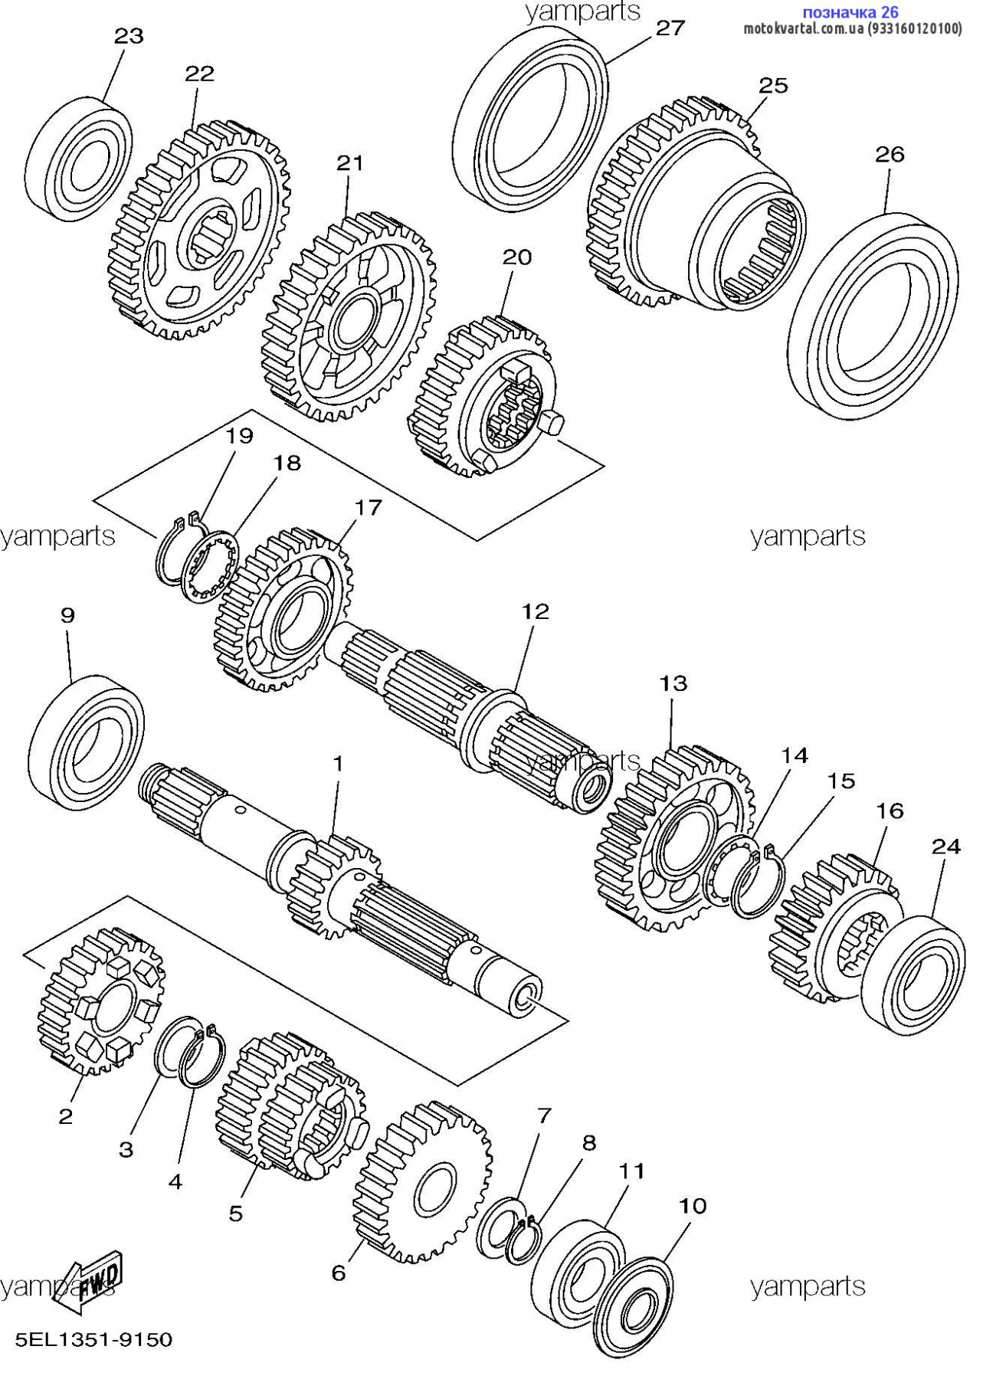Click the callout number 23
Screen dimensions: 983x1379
[x=129, y=36]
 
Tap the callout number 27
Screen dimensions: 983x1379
[x=670, y=28]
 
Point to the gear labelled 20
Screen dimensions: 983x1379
[x=479, y=395]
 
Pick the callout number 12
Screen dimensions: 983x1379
[x=536, y=611]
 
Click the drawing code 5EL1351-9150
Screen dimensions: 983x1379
[x=94, y=1340]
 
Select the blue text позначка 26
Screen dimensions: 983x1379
[x=850, y=12]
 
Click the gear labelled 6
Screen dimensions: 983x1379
[x=421, y=1184]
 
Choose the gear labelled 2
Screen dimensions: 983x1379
[x=100, y=1000]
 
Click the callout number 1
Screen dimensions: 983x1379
[x=337, y=764]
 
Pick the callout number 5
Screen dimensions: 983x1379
[x=235, y=1213]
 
